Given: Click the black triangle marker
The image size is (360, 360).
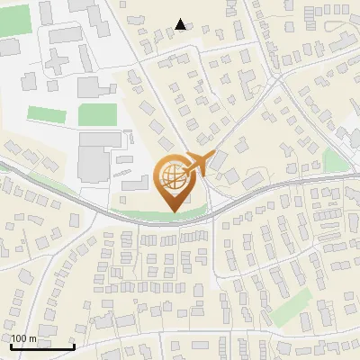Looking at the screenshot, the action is [181, 24].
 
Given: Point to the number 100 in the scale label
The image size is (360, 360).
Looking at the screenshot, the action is [21, 338].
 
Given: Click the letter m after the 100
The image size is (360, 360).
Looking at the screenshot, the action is [33, 338].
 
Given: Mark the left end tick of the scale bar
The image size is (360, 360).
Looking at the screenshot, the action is [11, 346].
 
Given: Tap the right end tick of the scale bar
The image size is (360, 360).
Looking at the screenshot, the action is [74, 346].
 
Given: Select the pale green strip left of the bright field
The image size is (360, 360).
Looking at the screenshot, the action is [46, 115].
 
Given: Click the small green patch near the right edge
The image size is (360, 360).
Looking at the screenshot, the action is [334, 161].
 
